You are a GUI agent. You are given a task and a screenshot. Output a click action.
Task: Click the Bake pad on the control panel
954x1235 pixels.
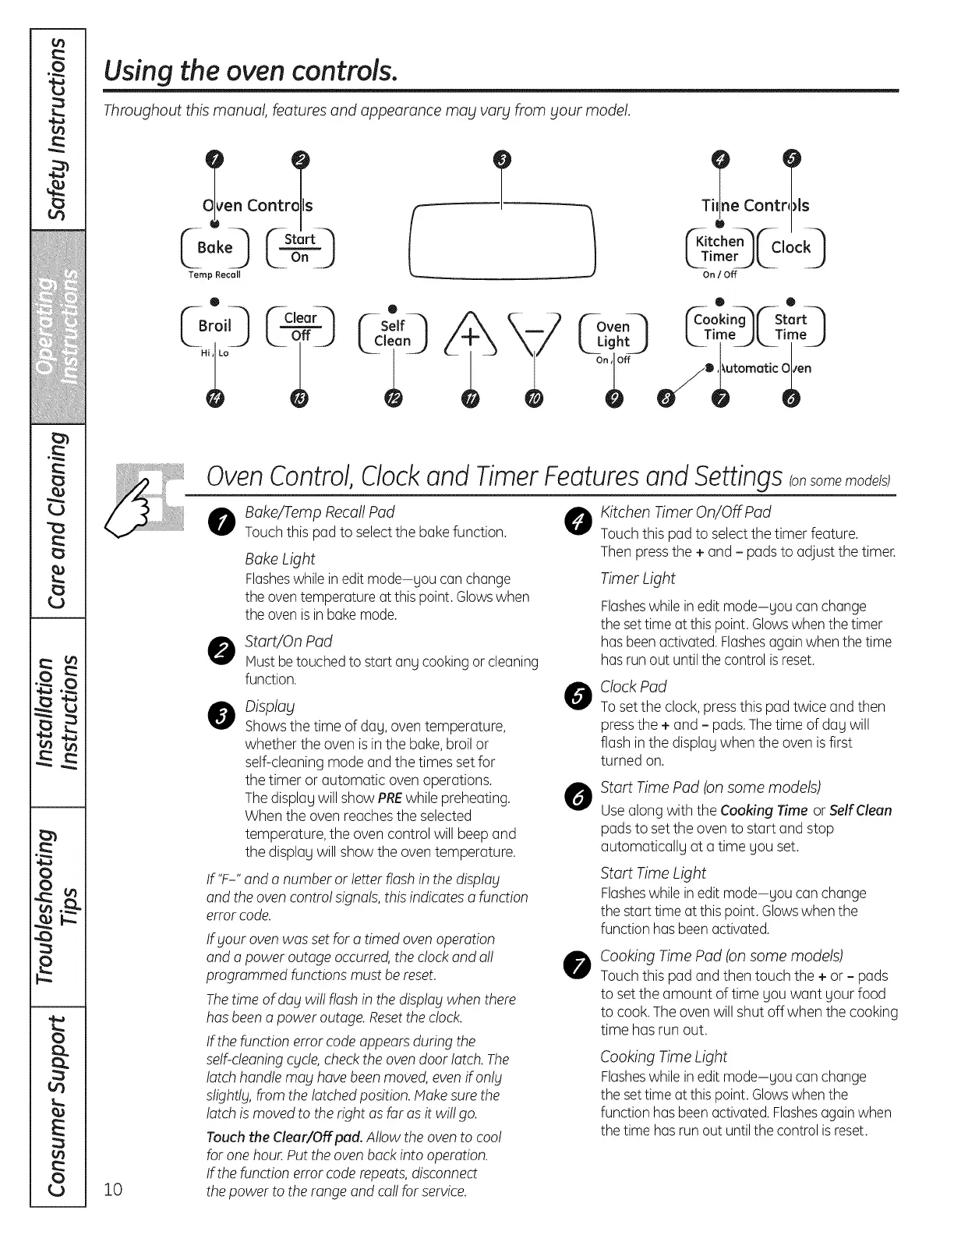pos(214,248)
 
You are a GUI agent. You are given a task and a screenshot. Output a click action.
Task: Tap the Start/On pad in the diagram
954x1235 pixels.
pos(300,248)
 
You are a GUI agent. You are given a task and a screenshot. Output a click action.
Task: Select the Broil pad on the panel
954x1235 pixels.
pos(214,327)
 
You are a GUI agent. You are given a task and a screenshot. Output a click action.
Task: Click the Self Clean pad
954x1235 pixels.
pos(392,334)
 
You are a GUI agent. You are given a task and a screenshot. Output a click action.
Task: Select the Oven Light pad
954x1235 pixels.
pos(613,334)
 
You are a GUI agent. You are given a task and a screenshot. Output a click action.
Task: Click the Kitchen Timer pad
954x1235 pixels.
pos(719,249)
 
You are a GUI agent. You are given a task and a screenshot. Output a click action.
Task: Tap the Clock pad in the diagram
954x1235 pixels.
pos(790,248)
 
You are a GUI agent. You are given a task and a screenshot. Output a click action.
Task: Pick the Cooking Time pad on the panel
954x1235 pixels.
pos(719,327)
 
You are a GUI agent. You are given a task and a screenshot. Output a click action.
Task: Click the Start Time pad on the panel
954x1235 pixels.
pos(790,327)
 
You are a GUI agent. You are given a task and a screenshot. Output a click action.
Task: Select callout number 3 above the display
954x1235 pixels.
pos(503,160)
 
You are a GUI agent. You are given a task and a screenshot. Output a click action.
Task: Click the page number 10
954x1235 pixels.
pos(114,1189)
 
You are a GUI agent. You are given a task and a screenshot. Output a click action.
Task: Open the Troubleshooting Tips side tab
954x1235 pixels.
pos(57,904)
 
